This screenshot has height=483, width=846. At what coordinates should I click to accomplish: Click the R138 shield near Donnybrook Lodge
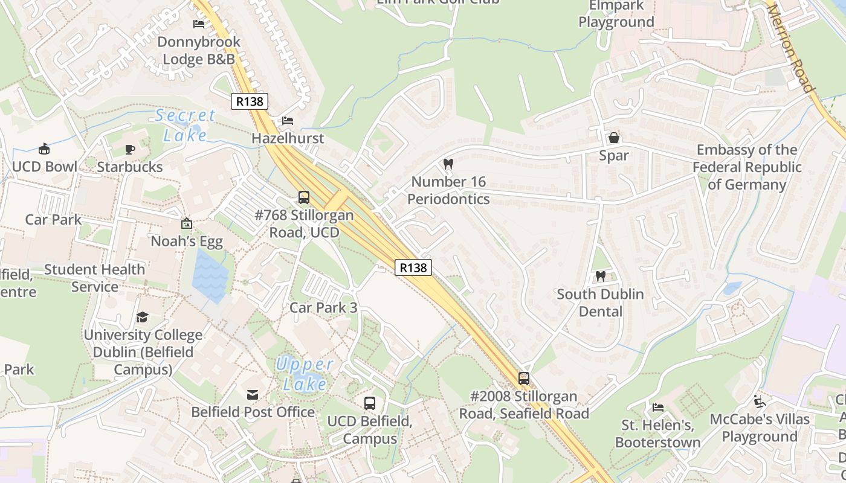tap(250, 101)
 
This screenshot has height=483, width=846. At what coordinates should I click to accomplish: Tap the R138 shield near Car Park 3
tap(413, 267)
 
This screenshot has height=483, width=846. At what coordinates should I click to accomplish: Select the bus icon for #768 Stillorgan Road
tap(304, 197)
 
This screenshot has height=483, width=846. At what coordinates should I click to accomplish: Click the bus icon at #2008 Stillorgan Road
tap(524, 379)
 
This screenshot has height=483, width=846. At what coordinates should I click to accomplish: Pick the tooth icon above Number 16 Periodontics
tap(448, 163)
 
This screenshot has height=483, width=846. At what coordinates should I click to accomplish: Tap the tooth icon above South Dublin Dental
tap(600, 276)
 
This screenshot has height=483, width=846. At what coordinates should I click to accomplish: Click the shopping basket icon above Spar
tap(614, 138)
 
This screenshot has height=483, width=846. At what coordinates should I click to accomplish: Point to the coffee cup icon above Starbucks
tap(129, 149)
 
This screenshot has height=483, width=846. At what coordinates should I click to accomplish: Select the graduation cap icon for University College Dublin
tap(143, 317)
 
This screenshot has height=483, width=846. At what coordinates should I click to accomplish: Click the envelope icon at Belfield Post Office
tap(253, 394)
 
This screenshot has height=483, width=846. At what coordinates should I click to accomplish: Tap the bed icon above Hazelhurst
tap(288, 121)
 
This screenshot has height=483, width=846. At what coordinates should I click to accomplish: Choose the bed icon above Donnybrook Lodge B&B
tap(198, 24)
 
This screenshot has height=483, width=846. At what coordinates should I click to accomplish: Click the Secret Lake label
tap(185, 125)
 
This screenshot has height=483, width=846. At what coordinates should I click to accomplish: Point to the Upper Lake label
tap(305, 374)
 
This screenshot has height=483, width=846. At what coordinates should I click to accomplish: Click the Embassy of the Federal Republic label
tap(747, 167)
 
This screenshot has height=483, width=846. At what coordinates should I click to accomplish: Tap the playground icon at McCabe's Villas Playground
tap(760, 401)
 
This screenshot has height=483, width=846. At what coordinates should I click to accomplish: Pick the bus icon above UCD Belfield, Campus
tap(370, 403)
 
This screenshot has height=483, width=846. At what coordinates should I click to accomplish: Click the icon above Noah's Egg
tap(187, 224)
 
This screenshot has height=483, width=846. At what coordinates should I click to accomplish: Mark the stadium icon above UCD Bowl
tap(44, 149)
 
